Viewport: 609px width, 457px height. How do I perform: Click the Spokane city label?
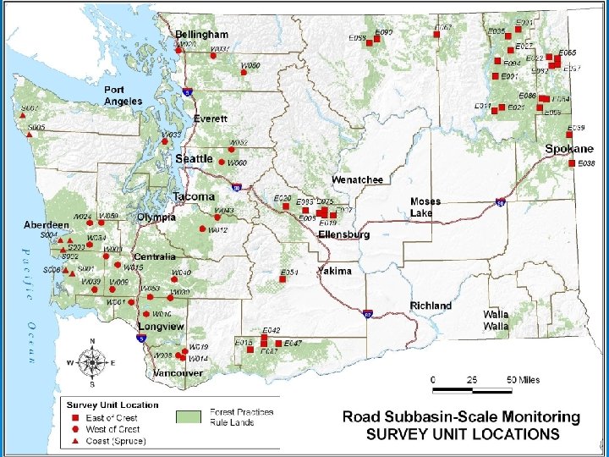569,149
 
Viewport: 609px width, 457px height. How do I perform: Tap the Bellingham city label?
201,35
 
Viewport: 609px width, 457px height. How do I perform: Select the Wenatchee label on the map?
357,180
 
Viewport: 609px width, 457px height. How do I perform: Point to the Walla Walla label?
496,320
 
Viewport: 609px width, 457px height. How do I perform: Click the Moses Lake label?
425,207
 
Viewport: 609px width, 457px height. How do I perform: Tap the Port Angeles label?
123,96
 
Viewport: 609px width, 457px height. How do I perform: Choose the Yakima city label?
334,272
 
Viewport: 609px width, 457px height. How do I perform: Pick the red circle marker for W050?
244,74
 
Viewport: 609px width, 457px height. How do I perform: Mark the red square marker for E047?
278,344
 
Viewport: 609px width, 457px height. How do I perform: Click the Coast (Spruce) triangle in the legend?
74,441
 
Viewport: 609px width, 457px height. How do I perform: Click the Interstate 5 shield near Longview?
140,338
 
